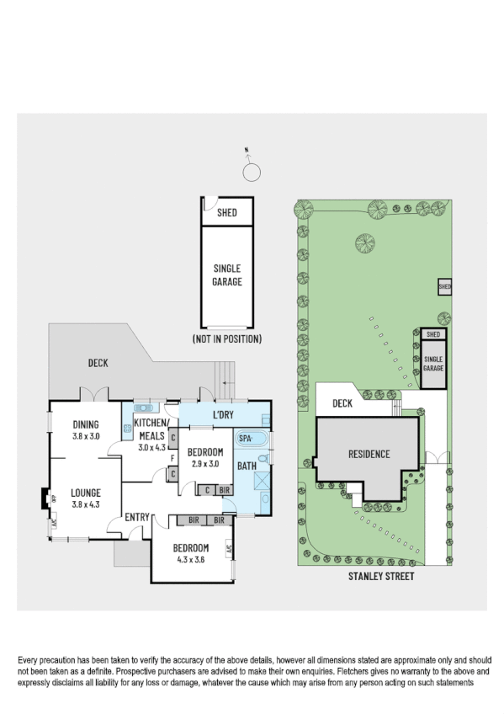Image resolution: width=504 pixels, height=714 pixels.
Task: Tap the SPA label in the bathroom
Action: coord(246,439)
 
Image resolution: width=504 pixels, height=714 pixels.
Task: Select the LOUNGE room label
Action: coord(86,493)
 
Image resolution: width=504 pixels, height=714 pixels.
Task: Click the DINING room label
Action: coord(86,424)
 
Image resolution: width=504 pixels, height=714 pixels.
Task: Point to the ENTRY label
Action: coord(137,516)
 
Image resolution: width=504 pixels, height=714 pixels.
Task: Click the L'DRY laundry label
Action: coord(223,415)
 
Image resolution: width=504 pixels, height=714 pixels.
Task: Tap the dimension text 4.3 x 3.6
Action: coord(190,559)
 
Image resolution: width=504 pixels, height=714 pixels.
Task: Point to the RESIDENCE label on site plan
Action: coord(369,455)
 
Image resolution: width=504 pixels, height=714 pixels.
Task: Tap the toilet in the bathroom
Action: coord(263,458)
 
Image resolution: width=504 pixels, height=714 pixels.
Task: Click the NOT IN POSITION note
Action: coord(226,338)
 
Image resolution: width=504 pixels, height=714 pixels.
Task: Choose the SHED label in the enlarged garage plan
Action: coord(226,213)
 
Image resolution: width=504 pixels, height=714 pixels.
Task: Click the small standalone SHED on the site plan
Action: coord(445,288)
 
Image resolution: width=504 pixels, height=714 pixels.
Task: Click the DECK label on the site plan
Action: coord(342,404)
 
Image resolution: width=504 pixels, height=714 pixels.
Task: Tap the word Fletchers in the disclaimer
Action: coord(358,673)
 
